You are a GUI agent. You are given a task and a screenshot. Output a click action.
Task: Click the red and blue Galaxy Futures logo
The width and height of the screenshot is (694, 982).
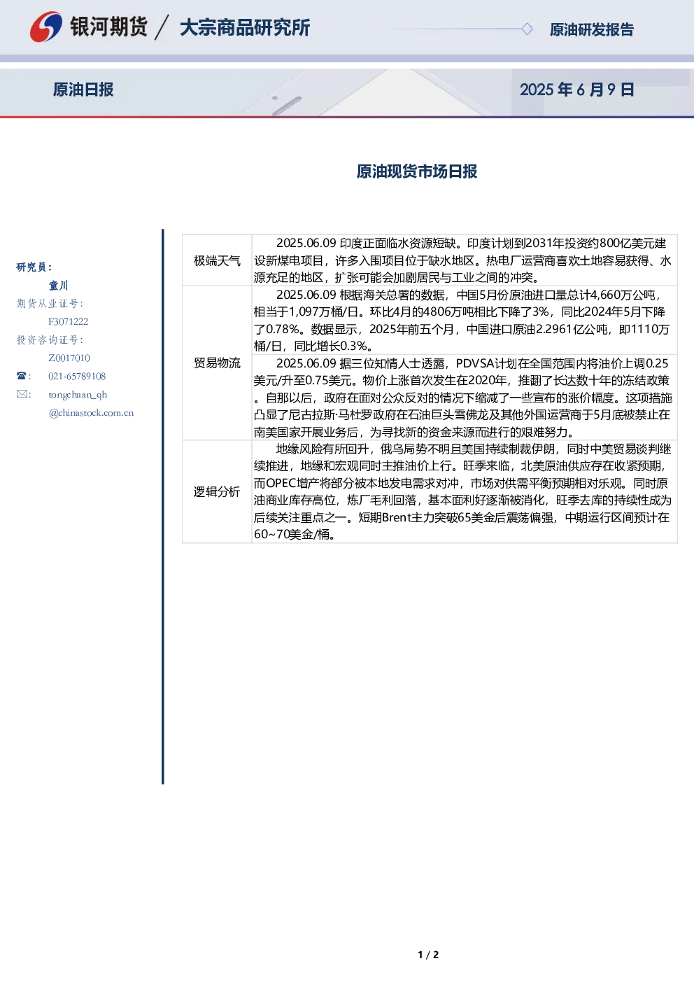tap(45, 27)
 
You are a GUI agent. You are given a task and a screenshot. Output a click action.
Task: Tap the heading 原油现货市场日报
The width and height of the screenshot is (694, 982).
tap(416, 171)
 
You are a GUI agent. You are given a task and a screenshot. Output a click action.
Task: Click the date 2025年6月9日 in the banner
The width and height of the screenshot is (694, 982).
tap(576, 90)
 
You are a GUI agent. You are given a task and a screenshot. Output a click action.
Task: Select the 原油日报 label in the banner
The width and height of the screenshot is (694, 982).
tap(83, 90)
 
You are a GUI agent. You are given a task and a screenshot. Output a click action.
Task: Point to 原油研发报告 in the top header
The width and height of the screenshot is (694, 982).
tap(591, 29)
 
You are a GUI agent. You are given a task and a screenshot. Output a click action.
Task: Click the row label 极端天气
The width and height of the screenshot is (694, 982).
tap(217, 261)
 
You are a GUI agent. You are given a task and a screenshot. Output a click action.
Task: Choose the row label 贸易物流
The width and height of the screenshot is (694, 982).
tap(217, 363)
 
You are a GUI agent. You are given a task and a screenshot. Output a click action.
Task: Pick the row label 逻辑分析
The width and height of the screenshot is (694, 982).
tap(217, 491)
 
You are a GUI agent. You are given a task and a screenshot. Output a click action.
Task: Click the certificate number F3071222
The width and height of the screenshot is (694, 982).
tap(69, 321)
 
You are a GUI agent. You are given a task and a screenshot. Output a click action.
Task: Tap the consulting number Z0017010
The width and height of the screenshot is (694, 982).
tap(69, 358)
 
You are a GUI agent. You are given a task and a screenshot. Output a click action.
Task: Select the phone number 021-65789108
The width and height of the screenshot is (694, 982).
tap(77, 376)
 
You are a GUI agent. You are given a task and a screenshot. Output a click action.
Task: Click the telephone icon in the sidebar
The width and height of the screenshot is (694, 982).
tap(22, 376)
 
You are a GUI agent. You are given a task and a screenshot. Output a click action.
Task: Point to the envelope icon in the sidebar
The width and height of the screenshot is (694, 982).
tap(22, 393)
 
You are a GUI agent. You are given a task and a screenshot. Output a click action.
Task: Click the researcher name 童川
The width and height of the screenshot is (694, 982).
tap(58, 286)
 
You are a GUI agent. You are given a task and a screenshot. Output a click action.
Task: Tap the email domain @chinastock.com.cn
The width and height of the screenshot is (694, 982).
tap(91, 412)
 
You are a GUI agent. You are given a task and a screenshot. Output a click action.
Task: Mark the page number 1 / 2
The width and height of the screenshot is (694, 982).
tap(428, 955)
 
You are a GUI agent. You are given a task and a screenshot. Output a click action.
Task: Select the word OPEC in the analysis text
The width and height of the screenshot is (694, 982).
tap(281, 483)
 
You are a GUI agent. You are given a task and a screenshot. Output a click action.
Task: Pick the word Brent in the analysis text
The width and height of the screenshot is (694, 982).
tap(397, 517)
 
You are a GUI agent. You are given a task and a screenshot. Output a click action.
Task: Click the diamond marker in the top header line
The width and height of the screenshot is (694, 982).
tap(527, 29)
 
